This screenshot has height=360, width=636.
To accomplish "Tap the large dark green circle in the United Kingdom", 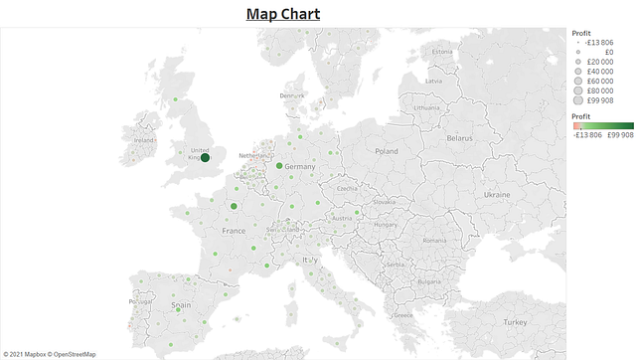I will (x=205, y=157).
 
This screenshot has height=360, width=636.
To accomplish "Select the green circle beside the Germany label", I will (x=280, y=166).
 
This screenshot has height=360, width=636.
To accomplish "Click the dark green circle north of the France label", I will (x=234, y=207).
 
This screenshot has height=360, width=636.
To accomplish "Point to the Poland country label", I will (x=386, y=151).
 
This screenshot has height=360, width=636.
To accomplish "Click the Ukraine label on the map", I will (x=496, y=195).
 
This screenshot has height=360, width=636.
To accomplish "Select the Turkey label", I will (x=515, y=322).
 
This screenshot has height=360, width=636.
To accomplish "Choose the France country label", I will (x=234, y=231).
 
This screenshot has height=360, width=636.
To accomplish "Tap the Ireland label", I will (x=144, y=141).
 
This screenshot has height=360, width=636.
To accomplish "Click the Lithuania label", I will (x=425, y=106).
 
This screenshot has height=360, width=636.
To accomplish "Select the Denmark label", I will (x=292, y=95).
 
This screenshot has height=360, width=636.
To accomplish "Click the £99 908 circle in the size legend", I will (x=577, y=99).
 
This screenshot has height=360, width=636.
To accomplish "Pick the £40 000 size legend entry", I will (x=577, y=71).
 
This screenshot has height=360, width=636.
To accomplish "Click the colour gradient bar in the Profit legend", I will (x=603, y=125).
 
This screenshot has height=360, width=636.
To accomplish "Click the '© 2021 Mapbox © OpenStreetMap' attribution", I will (x=50, y=353).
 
